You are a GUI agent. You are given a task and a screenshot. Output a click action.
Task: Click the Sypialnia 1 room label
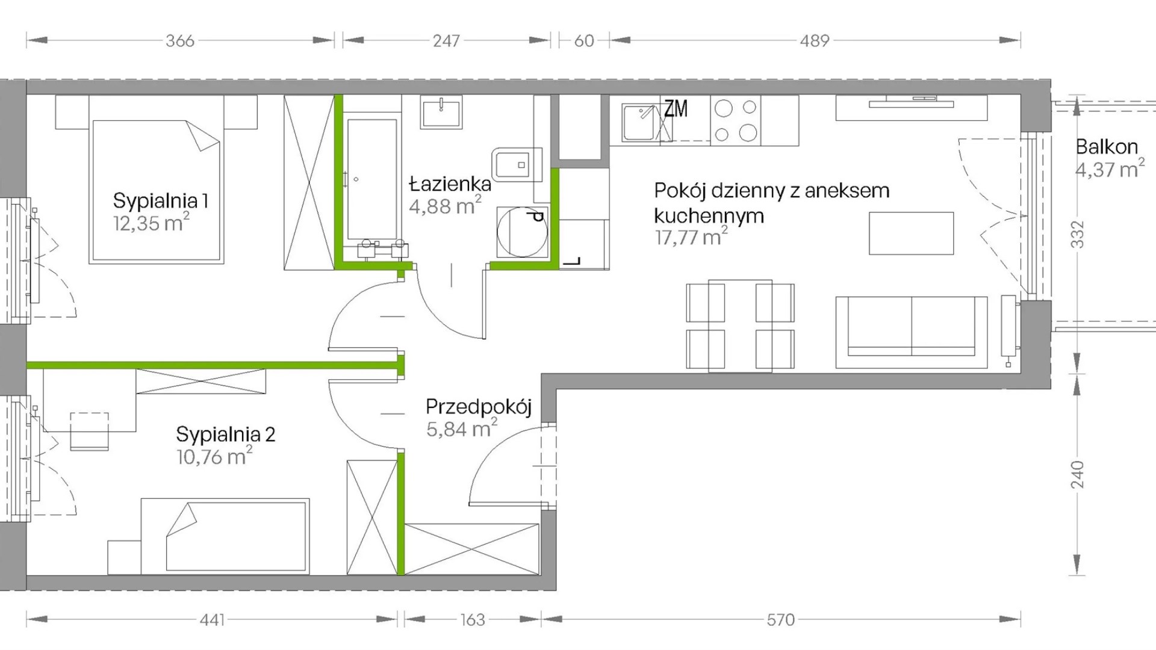(161, 200)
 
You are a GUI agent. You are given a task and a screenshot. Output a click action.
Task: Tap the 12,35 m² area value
(151, 223)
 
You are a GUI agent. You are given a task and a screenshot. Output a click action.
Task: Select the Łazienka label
(450, 183)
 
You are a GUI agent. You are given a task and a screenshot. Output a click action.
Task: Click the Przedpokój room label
(479, 407)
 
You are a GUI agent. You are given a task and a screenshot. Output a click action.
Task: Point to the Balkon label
(1107, 147)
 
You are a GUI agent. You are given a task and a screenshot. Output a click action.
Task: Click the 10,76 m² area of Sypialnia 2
(214, 456)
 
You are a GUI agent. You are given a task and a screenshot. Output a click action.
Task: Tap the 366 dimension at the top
(180, 40)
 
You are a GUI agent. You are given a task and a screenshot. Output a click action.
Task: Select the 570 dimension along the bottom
(781, 619)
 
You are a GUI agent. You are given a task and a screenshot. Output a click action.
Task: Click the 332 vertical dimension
(1077, 235)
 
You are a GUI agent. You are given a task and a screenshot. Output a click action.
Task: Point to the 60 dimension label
(584, 40)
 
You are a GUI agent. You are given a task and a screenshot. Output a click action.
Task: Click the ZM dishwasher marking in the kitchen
(676, 109)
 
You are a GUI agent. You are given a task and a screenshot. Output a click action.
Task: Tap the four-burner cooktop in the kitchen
(736, 120)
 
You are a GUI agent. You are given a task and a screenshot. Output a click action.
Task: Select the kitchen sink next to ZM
(641, 123)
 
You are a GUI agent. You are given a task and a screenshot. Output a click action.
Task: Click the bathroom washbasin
(441, 112)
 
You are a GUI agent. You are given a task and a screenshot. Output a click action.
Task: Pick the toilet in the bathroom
(517, 164)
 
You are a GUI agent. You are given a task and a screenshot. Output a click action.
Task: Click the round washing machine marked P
(521, 232)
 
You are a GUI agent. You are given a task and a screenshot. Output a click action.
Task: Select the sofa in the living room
(912, 332)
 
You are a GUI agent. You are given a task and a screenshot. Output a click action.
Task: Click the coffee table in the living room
(912, 233)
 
